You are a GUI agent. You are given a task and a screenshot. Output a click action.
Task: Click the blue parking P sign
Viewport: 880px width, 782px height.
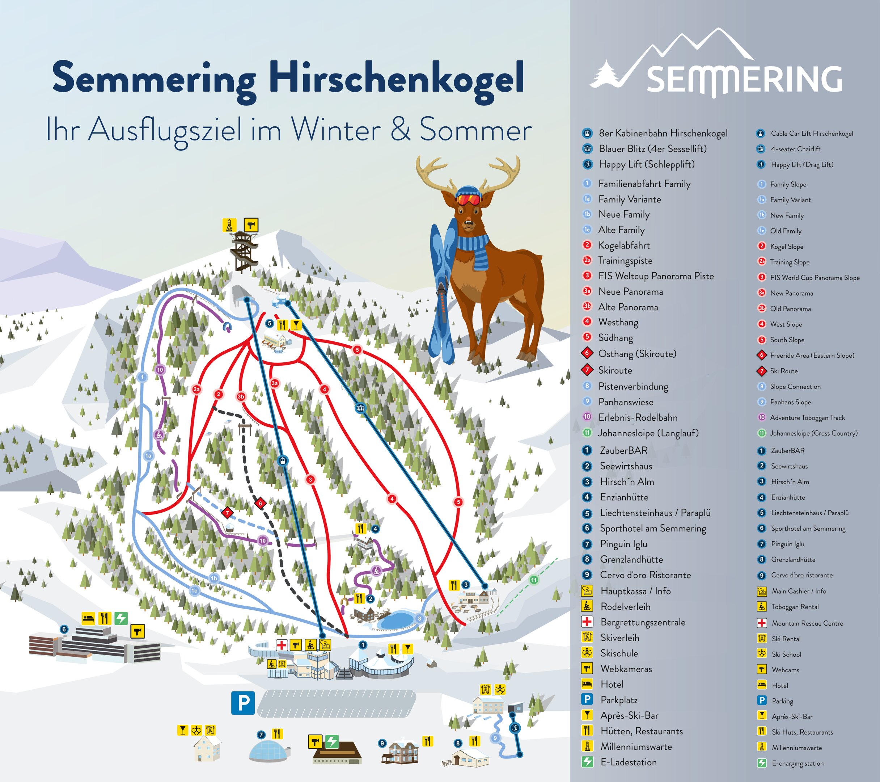(x=243, y=703)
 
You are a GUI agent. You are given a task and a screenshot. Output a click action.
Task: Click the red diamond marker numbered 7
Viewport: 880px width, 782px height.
(x=227, y=513)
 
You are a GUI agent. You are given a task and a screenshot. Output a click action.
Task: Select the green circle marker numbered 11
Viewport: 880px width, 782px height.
(x=534, y=580)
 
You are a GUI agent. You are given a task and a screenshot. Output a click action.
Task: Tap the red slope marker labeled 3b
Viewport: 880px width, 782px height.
(x=241, y=397)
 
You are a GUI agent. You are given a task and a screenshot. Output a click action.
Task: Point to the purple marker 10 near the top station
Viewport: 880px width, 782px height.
(x=160, y=370)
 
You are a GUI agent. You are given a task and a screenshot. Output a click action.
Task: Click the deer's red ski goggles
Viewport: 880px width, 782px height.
(x=468, y=199)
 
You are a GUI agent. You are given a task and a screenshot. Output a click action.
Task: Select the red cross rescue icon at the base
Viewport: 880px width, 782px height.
(x=282, y=645)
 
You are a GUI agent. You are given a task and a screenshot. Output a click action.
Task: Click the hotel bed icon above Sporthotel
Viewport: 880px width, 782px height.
(x=88, y=618)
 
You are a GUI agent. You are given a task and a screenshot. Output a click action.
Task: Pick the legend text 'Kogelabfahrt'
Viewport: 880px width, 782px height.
(x=624, y=245)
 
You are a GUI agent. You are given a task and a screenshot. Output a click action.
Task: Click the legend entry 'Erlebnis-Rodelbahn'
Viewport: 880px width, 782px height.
(x=638, y=417)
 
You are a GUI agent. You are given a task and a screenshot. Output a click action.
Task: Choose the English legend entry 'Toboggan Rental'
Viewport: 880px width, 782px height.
(x=795, y=607)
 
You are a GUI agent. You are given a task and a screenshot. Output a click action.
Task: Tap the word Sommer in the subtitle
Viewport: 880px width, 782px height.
(x=475, y=129)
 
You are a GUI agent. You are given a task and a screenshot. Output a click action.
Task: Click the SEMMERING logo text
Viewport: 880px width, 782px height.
(x=744, y=80)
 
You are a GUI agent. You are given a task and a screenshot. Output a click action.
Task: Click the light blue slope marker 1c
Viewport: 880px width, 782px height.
(x=195, y=591)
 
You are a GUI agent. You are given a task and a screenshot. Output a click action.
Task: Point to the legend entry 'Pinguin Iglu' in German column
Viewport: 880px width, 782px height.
(x=623, y=544)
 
